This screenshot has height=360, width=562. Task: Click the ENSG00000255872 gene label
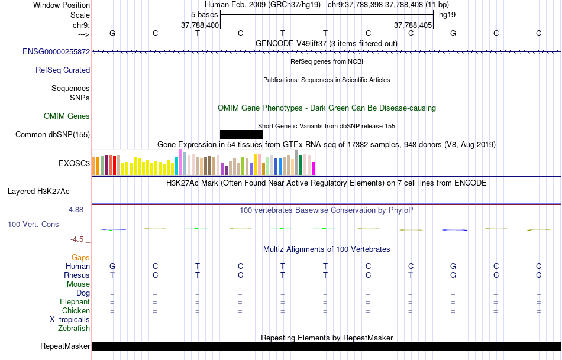(56, 51)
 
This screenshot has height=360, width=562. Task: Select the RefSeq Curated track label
(63, 70)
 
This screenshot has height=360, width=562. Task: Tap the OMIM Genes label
(67, 116)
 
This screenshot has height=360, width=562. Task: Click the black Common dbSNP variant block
(241, 134)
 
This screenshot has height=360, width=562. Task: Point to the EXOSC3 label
(74, 163)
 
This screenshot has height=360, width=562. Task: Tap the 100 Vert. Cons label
(33, 224)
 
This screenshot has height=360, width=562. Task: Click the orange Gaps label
(80, 257)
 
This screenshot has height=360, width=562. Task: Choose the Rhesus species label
(77, 275)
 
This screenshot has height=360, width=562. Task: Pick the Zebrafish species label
(74, 328)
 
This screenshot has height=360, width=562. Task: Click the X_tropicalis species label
(70, 320)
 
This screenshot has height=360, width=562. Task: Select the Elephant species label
(75, 301)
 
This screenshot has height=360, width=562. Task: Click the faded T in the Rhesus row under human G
(112, 275)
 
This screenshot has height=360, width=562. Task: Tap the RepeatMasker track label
(65, 346)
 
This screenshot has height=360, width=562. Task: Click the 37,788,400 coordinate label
(200, 25)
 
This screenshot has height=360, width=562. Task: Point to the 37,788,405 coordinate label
(413, 25)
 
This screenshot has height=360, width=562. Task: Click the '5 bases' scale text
(204, 15)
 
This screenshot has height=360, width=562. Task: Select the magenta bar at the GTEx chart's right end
(313, 168)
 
